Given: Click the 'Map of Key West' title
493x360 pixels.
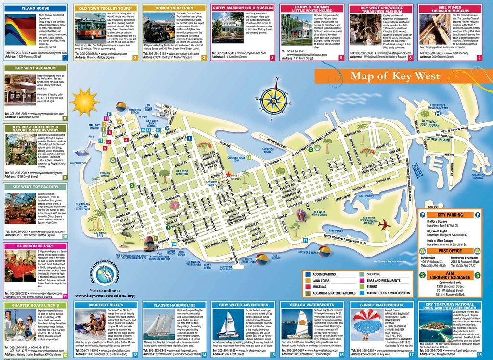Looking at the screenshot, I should [394, 76].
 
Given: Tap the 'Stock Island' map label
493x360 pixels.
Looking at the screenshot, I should [438, 139].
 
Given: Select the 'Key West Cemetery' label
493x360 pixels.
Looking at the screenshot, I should [182, 172].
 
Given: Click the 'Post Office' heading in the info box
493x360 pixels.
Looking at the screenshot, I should [449, 251].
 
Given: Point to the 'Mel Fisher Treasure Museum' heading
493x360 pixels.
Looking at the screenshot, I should [450, 9].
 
